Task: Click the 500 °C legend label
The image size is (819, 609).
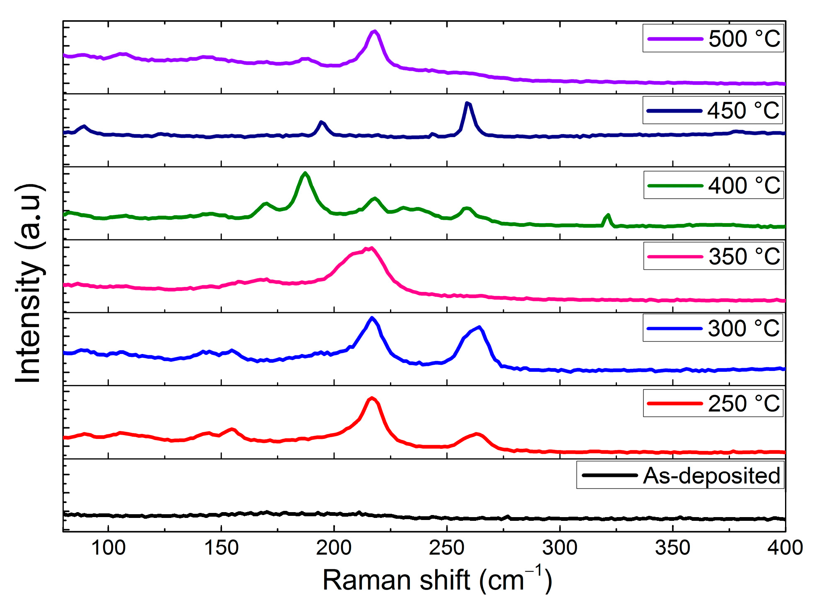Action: point(744,39)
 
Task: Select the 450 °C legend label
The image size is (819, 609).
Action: point(743,111)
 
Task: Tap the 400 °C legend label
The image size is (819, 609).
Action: point(744,185)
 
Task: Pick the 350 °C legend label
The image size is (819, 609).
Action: point(744,256)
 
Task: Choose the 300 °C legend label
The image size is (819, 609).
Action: point(743,328)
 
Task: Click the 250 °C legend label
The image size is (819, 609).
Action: point(743,403)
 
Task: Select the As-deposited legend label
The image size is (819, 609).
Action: point(711,475)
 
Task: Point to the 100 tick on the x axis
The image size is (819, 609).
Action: point(108,548)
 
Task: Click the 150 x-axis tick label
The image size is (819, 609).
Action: point(221,548)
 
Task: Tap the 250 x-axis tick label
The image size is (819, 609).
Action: point(447,548)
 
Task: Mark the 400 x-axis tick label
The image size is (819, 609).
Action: point(785,548)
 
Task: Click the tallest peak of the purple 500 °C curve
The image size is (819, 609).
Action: point(375,31)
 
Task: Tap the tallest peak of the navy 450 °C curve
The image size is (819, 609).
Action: point(467,103)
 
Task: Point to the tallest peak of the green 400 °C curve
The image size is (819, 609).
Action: point(305,173)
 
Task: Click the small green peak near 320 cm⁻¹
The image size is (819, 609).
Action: point(608,215)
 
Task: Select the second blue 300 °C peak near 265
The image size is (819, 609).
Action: point(479,327)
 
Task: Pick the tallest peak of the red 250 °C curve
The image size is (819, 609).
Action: point(372,398)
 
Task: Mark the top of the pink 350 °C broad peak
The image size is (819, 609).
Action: point(371,248)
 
